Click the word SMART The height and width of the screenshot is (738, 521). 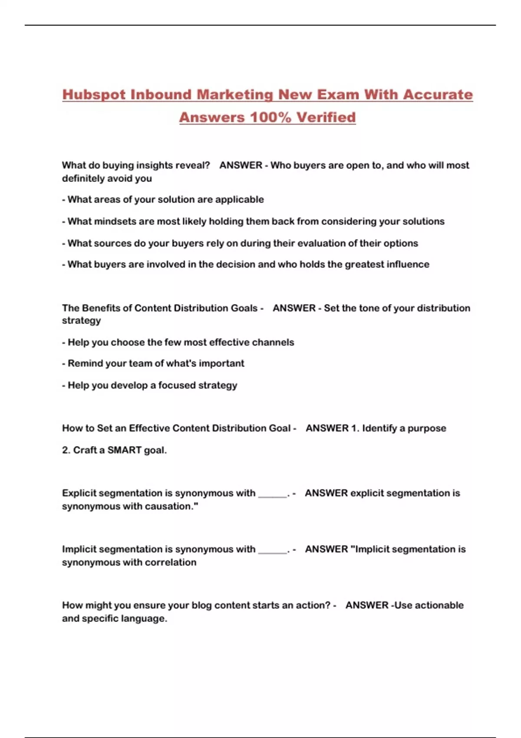(124, 450)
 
